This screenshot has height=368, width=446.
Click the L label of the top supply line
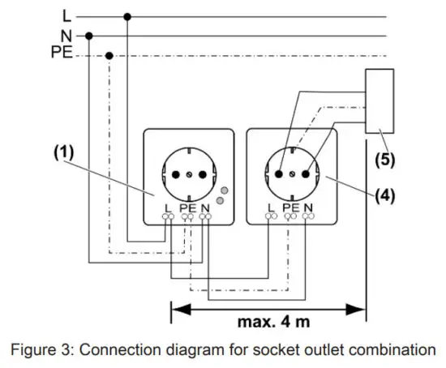(x=66, y=15)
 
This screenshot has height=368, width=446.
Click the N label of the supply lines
(x=66, y=36)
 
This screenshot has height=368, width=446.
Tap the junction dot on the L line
(x=127, y=15)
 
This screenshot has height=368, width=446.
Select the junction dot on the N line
(x=88, y=36)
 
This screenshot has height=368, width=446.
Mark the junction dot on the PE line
(x=109, y=55)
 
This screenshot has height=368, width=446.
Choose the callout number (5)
(x=384, y=158)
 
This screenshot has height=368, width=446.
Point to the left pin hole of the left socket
(x=173, y=173)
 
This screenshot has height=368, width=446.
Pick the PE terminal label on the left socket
(x=188, y=209)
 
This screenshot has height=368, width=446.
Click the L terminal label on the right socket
(x=270, y=209)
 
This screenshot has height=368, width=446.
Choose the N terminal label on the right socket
(x=309, y=209)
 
